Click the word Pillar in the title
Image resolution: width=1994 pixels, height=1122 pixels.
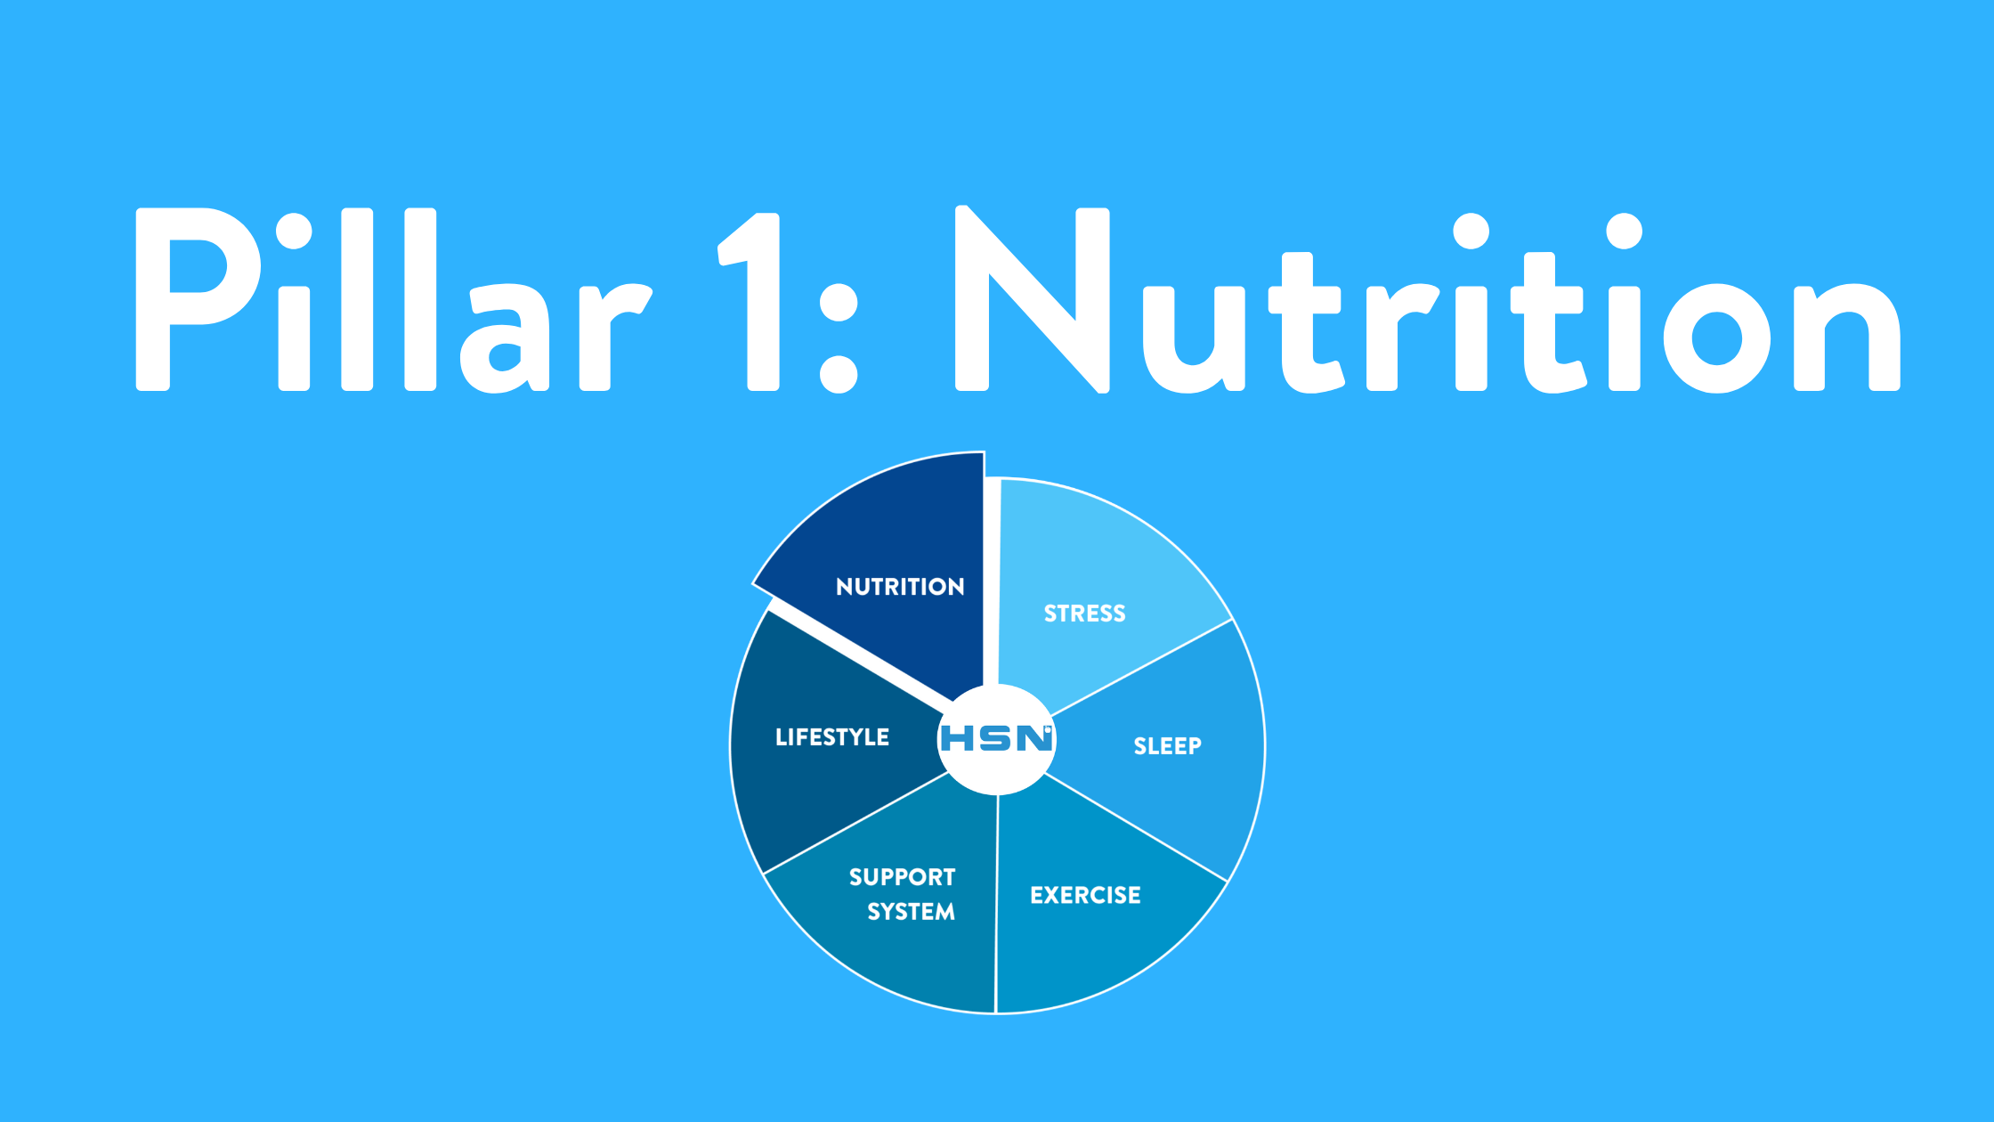tap(394, 300)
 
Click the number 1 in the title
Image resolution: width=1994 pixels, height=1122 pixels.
tap(749, 301)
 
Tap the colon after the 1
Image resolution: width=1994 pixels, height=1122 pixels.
tap(838, 338)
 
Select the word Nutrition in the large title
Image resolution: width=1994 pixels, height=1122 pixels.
tap(1428, 300)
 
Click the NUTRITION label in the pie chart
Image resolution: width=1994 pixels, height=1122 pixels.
tap(900, 587)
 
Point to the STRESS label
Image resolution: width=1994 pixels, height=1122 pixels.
tap(1084, 614)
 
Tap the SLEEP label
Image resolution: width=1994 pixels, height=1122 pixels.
tap(1167, 746)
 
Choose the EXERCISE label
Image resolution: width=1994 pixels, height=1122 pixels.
tap(1085, 895)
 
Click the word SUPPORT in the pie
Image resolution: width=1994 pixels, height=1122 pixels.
tap(902, 877)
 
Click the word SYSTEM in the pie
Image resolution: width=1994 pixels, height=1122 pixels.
tap(911, 912)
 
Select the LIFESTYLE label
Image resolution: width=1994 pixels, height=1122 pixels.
tap(831, 737)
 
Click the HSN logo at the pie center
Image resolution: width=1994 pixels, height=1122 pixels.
tap(997, 738)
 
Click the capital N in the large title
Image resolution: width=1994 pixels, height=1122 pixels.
tap(1032, 299)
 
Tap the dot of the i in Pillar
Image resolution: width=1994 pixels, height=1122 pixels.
tap(294, 232)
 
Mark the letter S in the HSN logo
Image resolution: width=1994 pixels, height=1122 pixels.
tap(996, 738)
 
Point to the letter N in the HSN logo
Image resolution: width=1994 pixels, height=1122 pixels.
tap(1034, 738)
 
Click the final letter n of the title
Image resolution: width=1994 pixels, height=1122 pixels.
tap(1847, 337)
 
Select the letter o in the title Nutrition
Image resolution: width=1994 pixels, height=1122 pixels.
tap(1716, 337)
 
